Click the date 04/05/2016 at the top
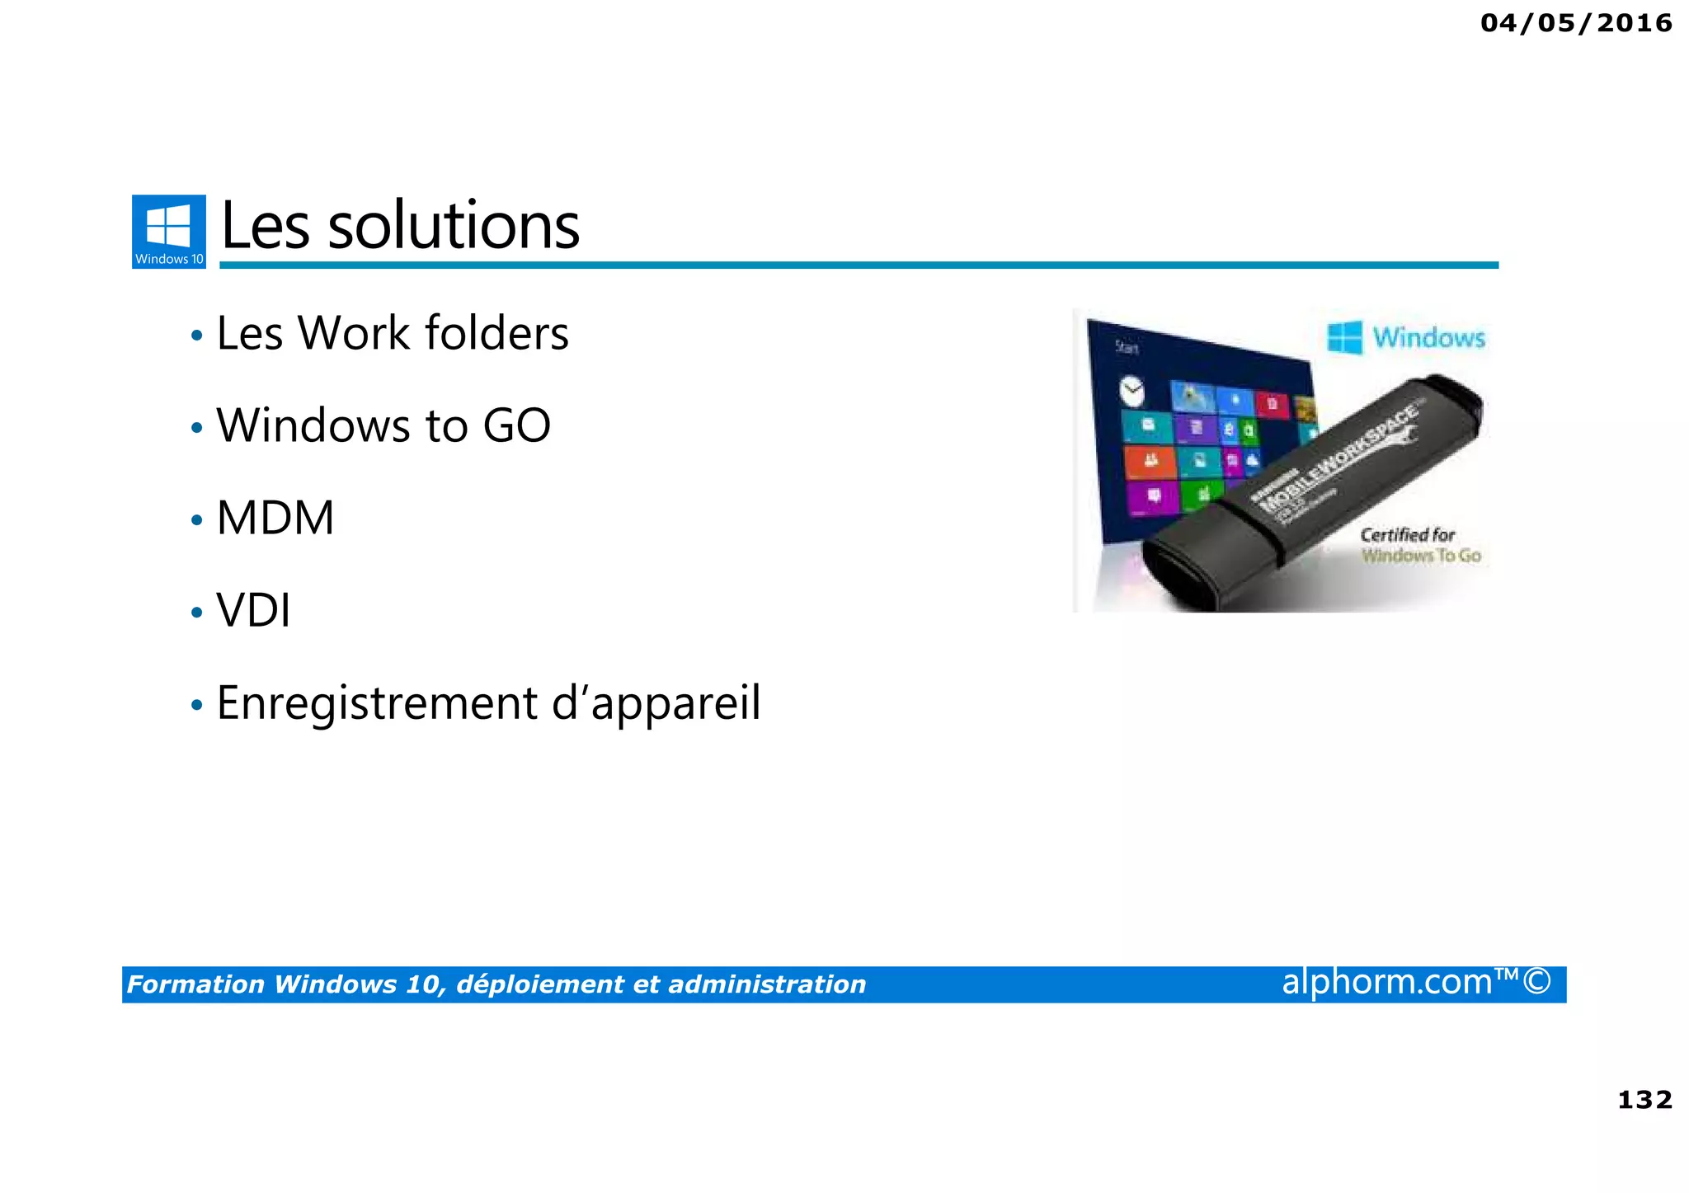point(1576,23)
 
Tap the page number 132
point(1644,1100)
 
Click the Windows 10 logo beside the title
point(169,232)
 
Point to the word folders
point(496,333)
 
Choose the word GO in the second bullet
point(516,425)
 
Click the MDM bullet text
point(275,518)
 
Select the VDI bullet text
point(253,611)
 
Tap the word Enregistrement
point(376,703)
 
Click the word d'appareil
point(656,705)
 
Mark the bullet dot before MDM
point(196,521)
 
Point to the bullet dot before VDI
point(196,613)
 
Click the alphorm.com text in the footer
point(1387,982)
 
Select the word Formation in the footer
point(195,984)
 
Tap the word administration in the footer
point(766,984)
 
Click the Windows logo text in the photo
point(1428,338)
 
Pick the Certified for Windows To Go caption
point(1419,545)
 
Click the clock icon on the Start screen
point(1132,390)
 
